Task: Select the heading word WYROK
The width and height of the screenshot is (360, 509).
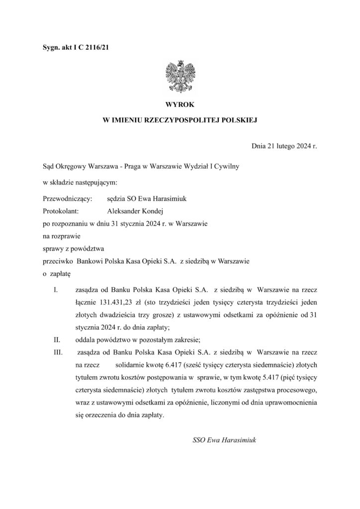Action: [x=180, y=104]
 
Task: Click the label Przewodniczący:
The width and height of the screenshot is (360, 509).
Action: [x=65, y=199]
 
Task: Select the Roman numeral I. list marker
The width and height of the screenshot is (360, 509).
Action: [x=56, y=289]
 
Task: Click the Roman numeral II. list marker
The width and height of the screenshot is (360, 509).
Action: [x=57, y=340]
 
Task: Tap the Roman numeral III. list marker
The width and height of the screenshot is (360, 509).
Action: [x=58, y=352]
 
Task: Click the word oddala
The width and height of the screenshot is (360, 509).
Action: [x=86, y=340]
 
